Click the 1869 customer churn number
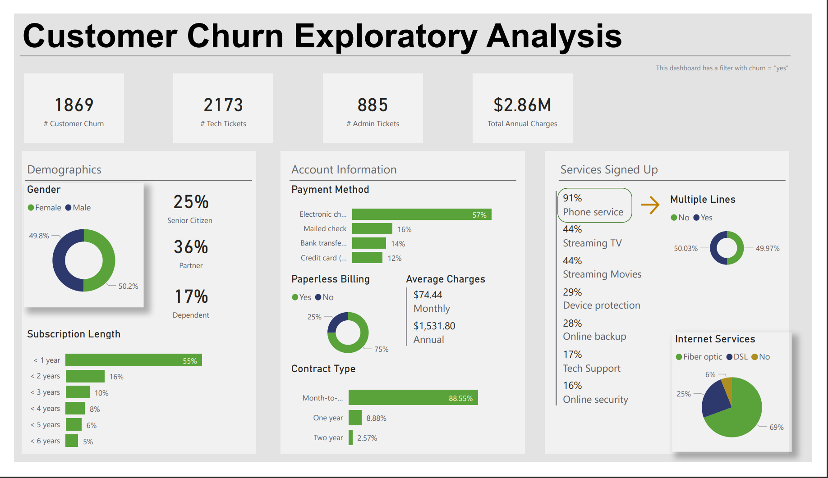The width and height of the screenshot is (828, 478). pos(74,105)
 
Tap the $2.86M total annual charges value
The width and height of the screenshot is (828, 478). pos(522,105)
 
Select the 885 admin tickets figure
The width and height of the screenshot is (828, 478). pos(373,105)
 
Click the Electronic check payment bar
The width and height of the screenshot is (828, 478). pos(421,214)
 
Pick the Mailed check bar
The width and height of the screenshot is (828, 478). pos(372,229)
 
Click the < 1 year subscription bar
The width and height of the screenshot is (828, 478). pos(133,360)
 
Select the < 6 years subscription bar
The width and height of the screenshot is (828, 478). pos(72,441)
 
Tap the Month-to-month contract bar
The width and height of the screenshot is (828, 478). pos(413,398)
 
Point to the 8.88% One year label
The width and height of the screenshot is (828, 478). pos(376,418)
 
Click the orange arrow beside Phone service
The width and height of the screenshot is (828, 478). pos(650,205)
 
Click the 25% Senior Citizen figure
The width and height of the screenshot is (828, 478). pos(191,202)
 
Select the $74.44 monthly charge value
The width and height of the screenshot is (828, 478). pos(428,295)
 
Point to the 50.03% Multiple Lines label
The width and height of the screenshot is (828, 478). pos(685,248)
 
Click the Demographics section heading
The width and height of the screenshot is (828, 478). pos(64,169)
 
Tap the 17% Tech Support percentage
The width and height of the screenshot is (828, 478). pos(572,355)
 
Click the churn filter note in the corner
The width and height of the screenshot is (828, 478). pos(722,68)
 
